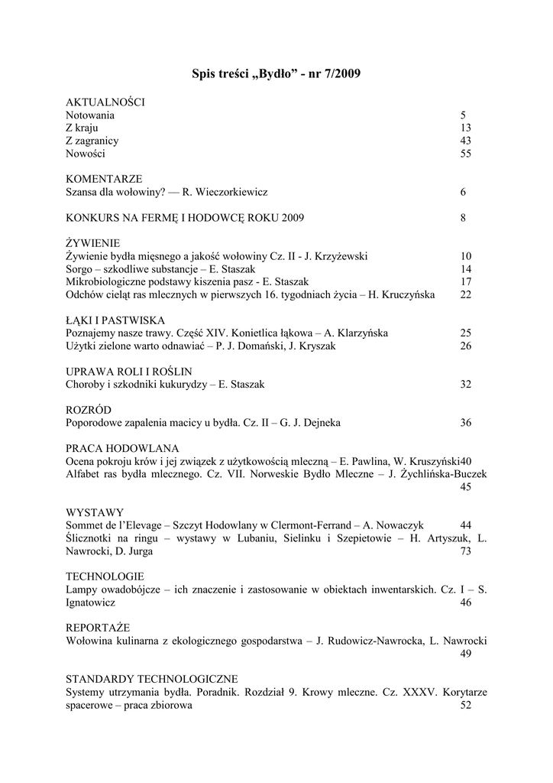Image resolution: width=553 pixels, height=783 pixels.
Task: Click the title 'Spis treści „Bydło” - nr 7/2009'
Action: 276,74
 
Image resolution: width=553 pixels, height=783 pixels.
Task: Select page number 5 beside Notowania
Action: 463,115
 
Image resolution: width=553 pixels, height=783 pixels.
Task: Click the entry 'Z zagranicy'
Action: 92,141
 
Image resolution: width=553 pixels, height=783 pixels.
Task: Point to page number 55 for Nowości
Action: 466,154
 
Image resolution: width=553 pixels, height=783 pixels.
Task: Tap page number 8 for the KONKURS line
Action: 463,219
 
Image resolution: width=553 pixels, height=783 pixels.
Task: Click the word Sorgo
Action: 79,270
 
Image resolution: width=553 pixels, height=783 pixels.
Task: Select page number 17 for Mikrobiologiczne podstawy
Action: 466,283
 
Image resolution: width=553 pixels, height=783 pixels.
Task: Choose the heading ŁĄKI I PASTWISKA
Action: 115,321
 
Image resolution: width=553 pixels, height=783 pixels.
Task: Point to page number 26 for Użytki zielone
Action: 466,347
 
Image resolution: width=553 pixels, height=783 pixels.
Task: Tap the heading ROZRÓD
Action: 89,411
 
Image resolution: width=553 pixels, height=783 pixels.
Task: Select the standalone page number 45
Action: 466,487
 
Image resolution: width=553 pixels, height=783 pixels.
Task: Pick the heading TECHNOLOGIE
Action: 105,577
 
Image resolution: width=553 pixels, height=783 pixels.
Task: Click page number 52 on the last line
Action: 466,706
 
